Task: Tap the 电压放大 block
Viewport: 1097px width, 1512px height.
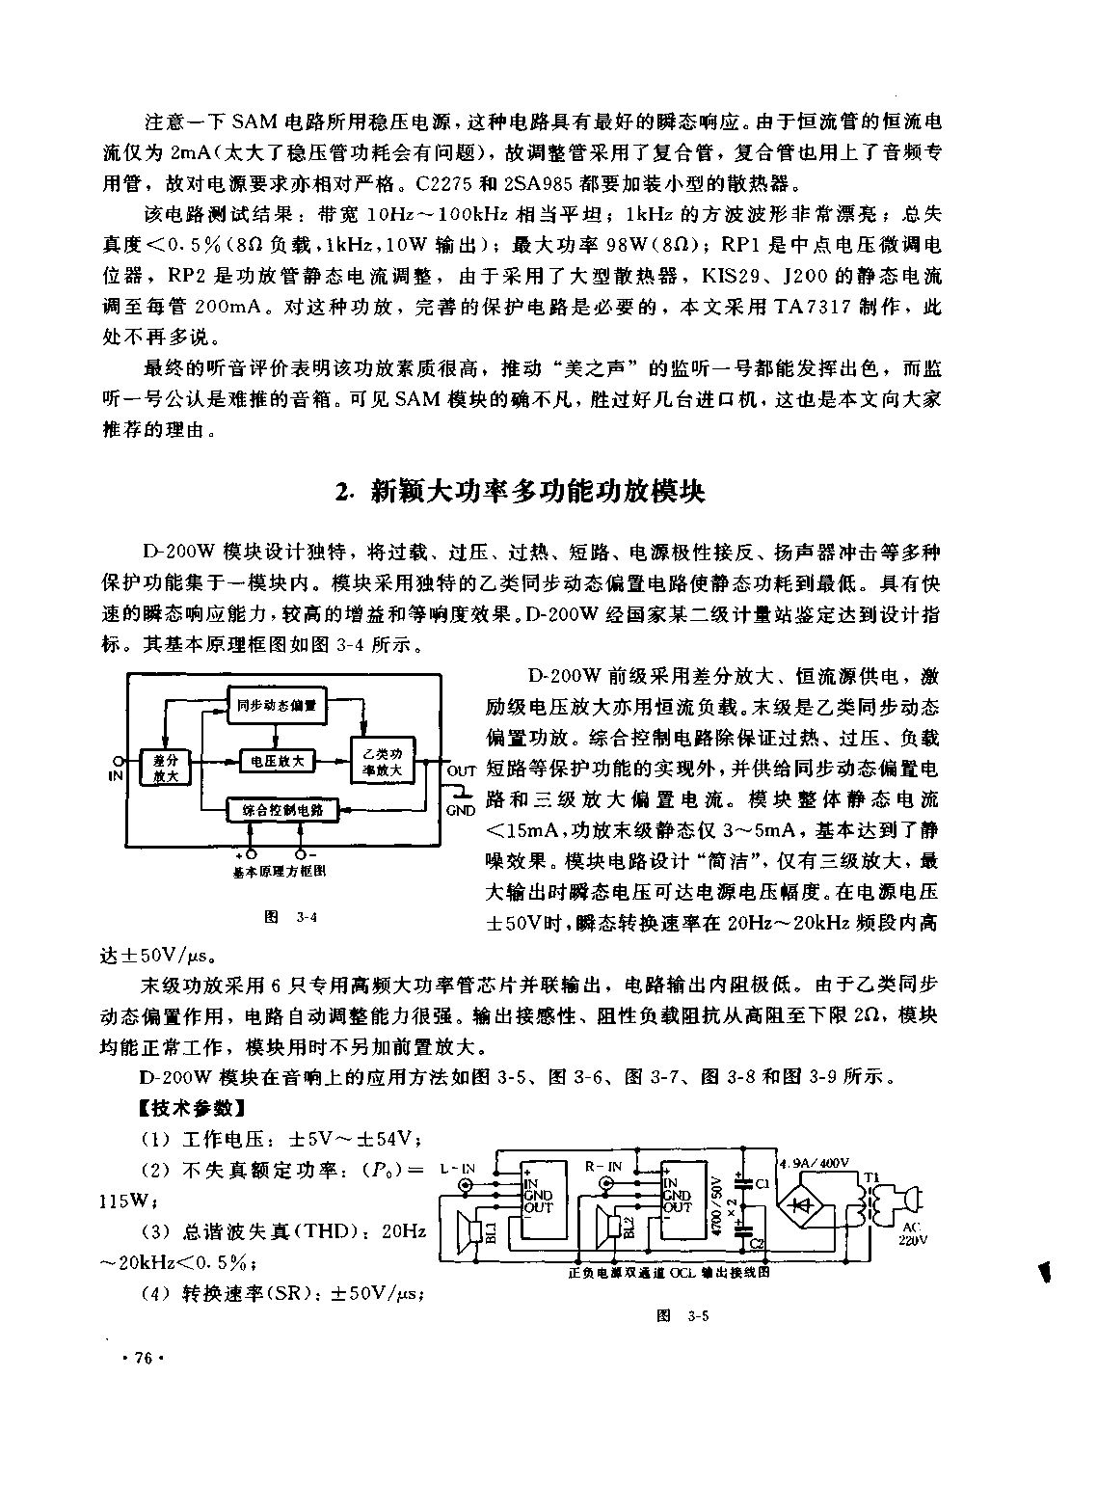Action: point(276,761)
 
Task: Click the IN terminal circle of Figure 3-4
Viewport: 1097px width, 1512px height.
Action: point(117,760)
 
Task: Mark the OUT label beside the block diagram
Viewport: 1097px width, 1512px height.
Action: point(462,770)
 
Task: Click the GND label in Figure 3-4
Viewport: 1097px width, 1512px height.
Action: point(461,810)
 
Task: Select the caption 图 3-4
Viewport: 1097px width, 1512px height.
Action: point(290,917)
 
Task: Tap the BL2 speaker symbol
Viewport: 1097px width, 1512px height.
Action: point(611,1228)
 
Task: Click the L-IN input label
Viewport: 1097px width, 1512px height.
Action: point(458,1169)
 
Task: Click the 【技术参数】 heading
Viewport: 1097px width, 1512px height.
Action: point(184,1108)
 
